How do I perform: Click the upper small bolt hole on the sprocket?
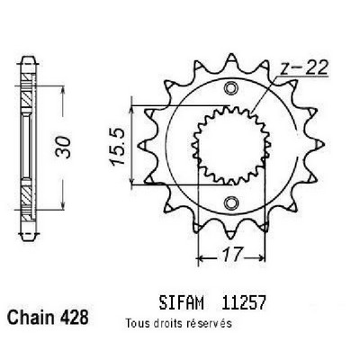pyautogui.click(x=230, y=88)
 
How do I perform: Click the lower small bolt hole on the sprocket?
pyautogui.click(x=230, y=202)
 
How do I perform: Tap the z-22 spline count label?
pyautogui.click(x=303, y=68)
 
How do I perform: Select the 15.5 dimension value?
pyautogui.click(x=118, y=147)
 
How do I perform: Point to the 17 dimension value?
pyautogui.click(x=232, y=255)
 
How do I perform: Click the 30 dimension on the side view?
pyautogui.click(x=63, y=147)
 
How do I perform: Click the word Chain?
pyautogui.click(x=29, y=317)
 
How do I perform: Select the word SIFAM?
pyautogui.click(x=182, y=302)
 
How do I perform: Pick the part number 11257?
pyautogui.click(x=243, y=302)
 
